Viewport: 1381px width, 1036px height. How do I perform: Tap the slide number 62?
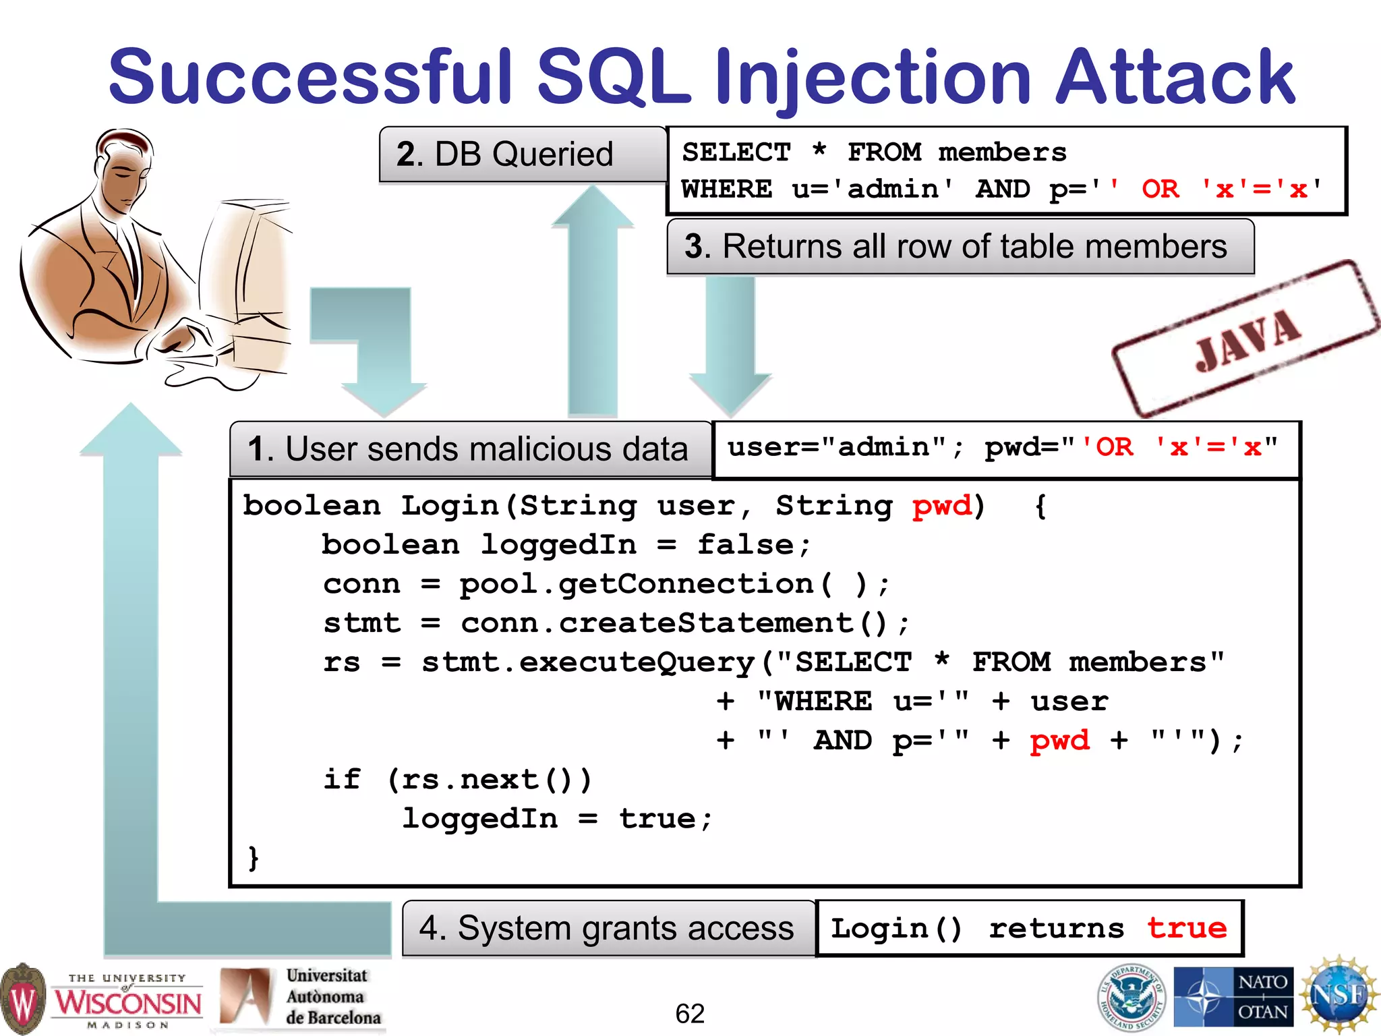click(x=690, y=1014)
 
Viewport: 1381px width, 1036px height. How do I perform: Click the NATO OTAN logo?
click(x=1233, y=997)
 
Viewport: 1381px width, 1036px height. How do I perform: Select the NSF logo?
click(x=1339, y=996)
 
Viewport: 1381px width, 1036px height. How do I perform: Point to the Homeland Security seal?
click(x=1132, y=997)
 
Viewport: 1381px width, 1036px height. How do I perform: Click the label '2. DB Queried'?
click(x=505, y=154)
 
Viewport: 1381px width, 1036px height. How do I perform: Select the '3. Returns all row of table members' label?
click(x=956, y=246)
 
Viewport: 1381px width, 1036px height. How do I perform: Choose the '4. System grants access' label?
click(x=606, y=928)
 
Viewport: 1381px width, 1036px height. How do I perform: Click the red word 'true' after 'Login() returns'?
click(x=1187, y=929)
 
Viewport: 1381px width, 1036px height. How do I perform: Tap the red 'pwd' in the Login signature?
click(x=942, y=506)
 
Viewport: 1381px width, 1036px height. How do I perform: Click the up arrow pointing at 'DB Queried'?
click(x=593, y=304)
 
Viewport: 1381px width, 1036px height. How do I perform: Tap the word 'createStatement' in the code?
click(x=706, y=623)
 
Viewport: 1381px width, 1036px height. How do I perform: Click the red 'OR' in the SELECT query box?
click(x=1160, y=190)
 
